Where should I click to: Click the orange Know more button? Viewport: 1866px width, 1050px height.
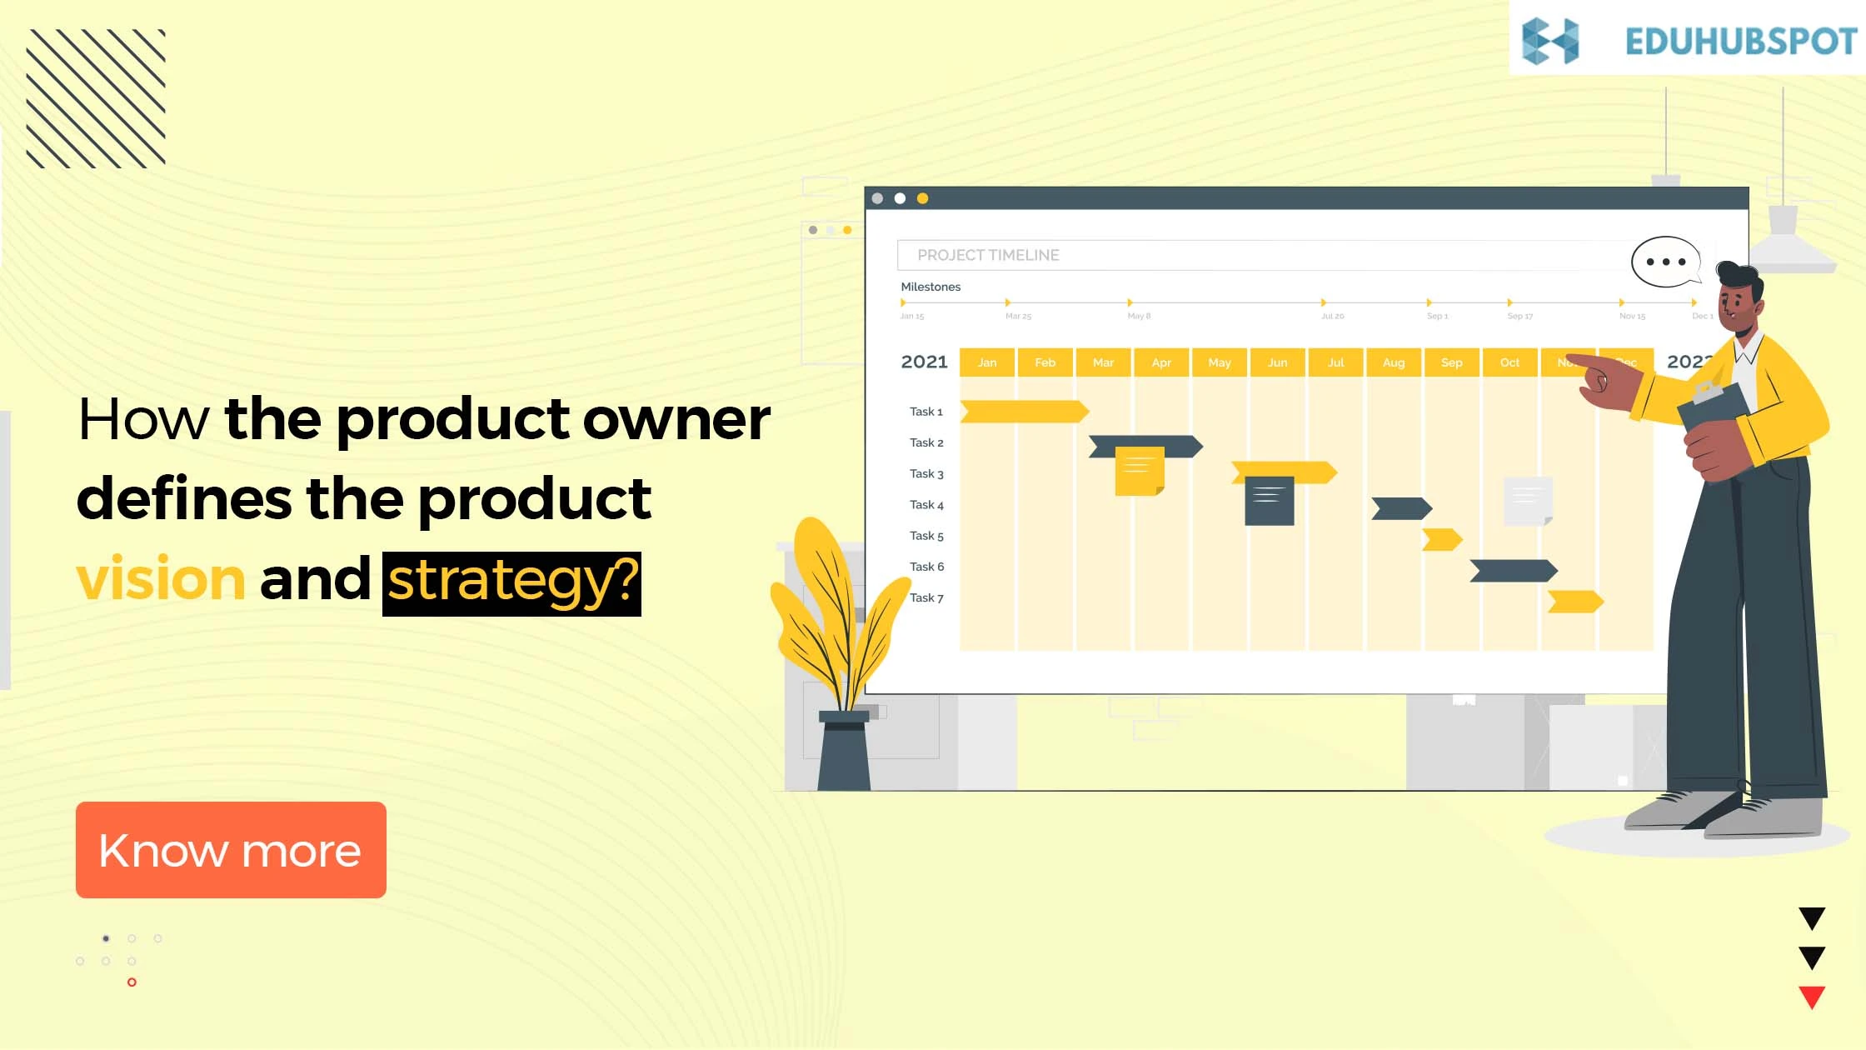231,849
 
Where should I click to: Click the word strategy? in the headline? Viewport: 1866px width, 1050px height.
511,582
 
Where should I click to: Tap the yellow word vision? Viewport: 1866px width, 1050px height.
160,578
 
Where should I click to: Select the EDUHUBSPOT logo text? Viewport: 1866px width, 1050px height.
1740,42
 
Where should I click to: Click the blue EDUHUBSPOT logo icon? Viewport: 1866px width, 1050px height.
1549,41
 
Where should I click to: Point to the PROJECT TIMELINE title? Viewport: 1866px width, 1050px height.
988,255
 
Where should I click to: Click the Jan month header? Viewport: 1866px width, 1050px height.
987,362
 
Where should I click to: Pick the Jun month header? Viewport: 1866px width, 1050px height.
1277,362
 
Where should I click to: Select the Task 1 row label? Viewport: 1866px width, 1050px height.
926,412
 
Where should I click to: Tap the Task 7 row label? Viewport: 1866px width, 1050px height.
926,597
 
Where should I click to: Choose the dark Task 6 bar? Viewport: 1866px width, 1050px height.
1513,571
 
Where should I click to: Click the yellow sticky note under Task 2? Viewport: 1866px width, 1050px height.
1139,472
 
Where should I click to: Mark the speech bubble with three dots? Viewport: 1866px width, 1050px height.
1664,262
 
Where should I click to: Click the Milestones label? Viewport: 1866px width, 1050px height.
931,287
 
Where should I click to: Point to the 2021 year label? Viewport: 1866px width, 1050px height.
924,362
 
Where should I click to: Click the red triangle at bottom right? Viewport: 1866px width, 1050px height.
1812,997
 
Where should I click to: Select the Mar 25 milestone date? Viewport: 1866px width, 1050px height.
1018,316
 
